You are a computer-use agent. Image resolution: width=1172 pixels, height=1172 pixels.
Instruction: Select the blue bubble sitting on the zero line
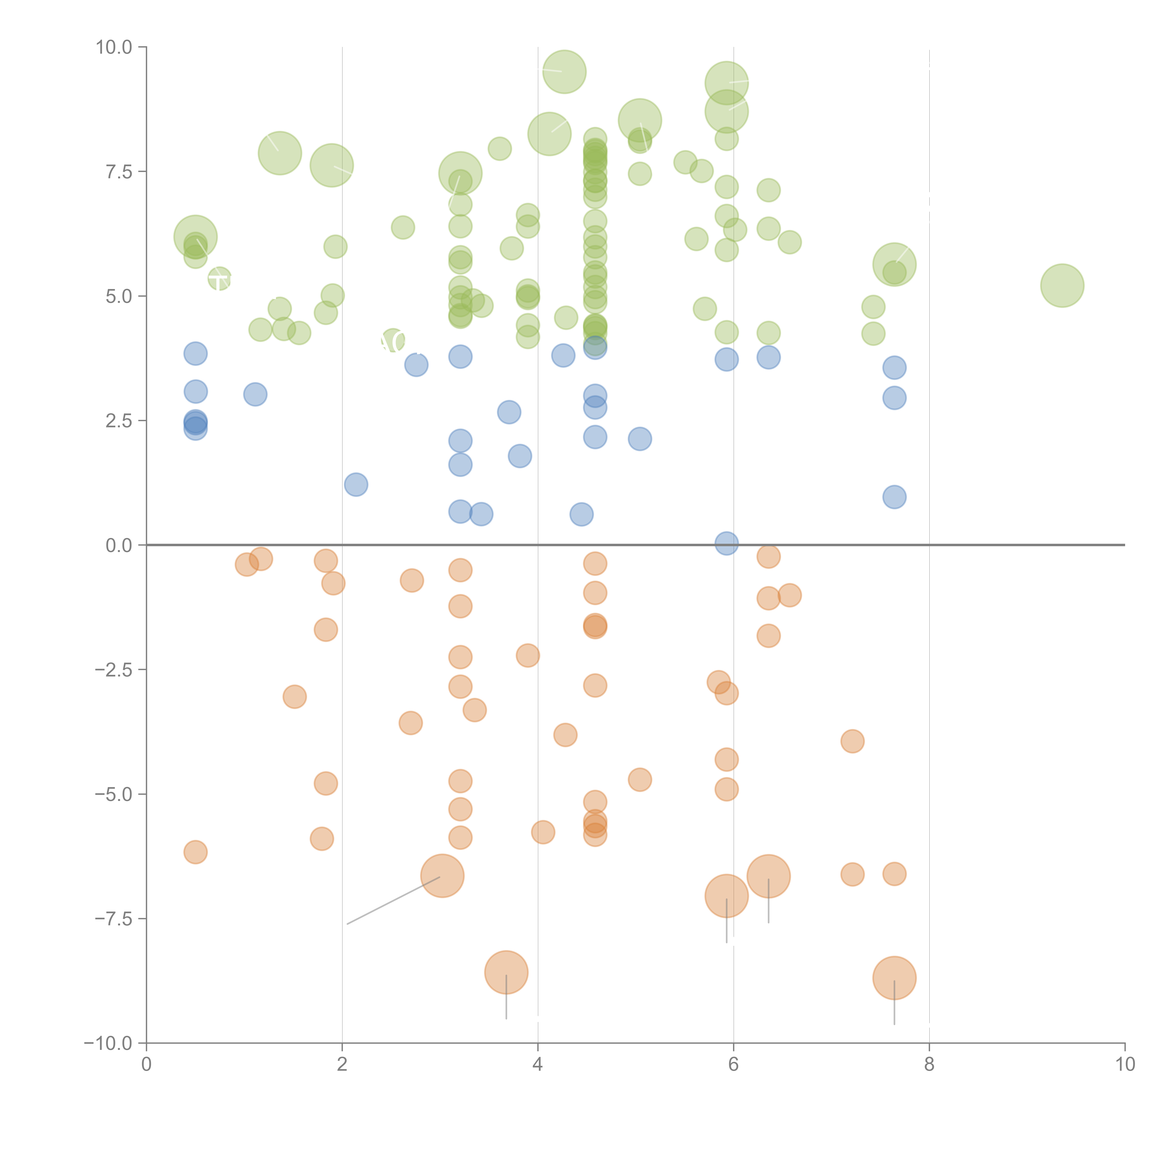(x=726, y=544)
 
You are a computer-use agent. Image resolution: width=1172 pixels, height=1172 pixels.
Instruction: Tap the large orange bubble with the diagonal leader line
(x=442, y=875)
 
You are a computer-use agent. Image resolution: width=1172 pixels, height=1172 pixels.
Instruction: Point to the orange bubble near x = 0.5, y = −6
(x=195, y=852)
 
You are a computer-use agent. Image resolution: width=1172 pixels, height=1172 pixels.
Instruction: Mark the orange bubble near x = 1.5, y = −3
(x=294, y=696)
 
